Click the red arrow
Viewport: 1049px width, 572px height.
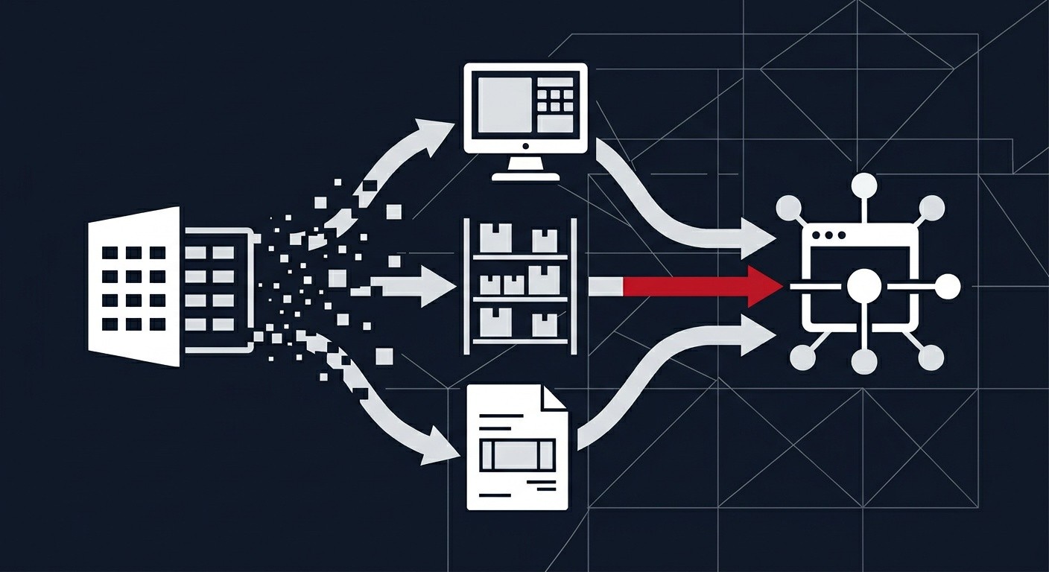(x=700, y=286)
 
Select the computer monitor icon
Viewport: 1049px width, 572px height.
(x=525, y=119)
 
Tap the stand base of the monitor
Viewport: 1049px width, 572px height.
(x=525, y=176)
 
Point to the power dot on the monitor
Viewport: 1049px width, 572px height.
(x=525, y=146)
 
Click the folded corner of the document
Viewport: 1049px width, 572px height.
(x=555, y=397)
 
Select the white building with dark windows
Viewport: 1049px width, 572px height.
(x=134, y=287)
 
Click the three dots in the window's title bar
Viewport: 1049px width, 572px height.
(x=829, y=235)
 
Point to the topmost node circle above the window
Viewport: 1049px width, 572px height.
(x=864, y=185)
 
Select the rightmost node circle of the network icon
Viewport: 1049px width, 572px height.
(x=948, y=286)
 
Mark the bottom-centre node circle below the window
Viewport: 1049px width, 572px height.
(x=864, y=362)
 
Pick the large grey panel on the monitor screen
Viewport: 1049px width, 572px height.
(x=504, y=105)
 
